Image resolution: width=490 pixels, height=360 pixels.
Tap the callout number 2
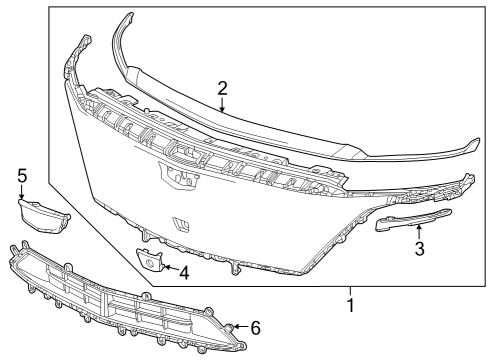point(222,87)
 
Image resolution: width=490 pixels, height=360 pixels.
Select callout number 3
point(421,249)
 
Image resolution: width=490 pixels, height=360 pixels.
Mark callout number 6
point(256,328)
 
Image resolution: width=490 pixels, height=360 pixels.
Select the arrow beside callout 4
point(167,268)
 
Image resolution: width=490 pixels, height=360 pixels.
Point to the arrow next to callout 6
point(239,326)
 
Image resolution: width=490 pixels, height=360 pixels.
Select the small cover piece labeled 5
point(43,212)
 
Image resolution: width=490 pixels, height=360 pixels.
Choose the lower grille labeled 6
point(120,300)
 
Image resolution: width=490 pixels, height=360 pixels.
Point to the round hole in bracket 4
point(150,264)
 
